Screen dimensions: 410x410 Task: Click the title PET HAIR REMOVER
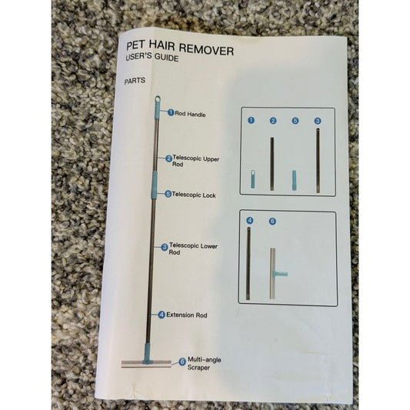180,48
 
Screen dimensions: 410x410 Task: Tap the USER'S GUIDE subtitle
152,57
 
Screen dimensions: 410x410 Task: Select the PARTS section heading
135,81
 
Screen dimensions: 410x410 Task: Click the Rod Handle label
190,114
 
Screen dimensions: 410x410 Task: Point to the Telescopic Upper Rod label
195,161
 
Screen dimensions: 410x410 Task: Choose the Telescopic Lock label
194,195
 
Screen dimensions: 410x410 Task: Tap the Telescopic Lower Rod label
193,248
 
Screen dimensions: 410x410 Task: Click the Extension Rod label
187,315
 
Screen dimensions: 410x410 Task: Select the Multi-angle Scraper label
204,363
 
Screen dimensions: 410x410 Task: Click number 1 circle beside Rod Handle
171,113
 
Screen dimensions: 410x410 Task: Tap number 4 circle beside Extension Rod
162,315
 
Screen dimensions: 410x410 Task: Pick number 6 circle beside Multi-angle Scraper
182,362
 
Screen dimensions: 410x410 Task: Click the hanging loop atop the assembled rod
158,99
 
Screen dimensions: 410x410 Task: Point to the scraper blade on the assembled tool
146,364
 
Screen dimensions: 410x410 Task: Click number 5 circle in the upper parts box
295,121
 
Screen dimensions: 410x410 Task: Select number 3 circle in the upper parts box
318,121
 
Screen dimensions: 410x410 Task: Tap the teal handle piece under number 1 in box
253,179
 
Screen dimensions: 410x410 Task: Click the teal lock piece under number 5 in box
294,180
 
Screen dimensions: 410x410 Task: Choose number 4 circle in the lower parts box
250,221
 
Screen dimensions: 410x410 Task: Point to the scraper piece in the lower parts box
273,273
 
